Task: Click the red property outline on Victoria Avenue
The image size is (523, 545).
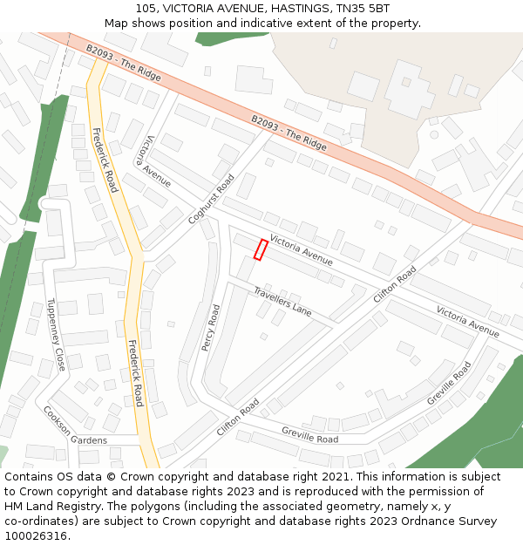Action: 260,249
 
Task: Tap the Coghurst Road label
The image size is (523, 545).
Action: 211,200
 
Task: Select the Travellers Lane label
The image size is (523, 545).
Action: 282,301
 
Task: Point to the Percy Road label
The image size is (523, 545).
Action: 211,328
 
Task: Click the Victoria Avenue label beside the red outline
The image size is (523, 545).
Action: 302,249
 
